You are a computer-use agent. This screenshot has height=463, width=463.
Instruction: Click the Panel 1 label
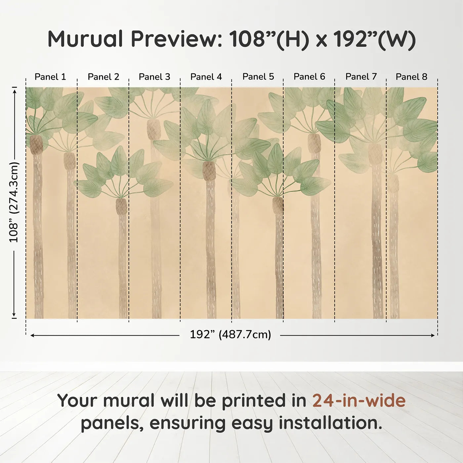[x=50, y=77]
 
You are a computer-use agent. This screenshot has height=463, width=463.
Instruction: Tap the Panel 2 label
[x=103, y=77]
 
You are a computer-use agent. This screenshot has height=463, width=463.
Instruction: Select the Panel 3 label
[x=154, y=77]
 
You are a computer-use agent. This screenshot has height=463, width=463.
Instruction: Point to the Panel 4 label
[x=206, y=77]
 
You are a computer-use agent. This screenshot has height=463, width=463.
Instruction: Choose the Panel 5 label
[x=258, y=77]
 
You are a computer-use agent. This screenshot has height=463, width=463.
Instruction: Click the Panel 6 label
[x=309, y=77]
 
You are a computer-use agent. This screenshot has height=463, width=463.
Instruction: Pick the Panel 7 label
[x=361, y=77]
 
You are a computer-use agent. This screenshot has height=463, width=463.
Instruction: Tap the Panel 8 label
[x=411, y=77]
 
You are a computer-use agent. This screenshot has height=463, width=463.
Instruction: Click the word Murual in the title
[x=85, y=39]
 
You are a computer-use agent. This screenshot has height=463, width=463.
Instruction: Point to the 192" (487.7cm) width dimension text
[x=231, y=335]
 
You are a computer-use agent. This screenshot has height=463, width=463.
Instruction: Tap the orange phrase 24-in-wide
[x=359, y=400]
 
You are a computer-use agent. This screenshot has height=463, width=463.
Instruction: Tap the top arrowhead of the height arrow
[x=15, y=91]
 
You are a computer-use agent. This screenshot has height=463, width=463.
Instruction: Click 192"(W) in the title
[x=375, y=39]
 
